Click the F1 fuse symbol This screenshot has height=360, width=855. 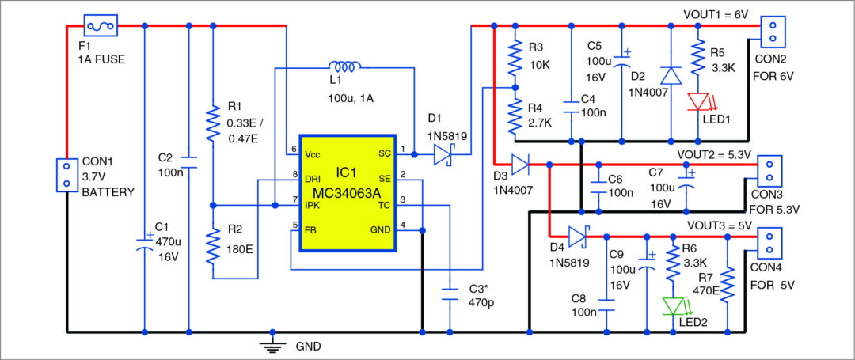[x=101, y=26]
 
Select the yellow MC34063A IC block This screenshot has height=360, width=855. [x=348, y=193]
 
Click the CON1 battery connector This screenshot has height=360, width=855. [x=65, y=175]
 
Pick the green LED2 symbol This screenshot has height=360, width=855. [x=672, y=305]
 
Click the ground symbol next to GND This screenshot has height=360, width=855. [x=272, y=343]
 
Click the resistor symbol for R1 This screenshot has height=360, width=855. [x=213, y=123]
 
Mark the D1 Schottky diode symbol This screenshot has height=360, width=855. [x=444, y=156]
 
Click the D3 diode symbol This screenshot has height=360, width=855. [x=519, y=165]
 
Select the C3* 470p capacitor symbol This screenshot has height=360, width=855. [x=450, y=294]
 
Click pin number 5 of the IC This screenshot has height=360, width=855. [x=294, y=225]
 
